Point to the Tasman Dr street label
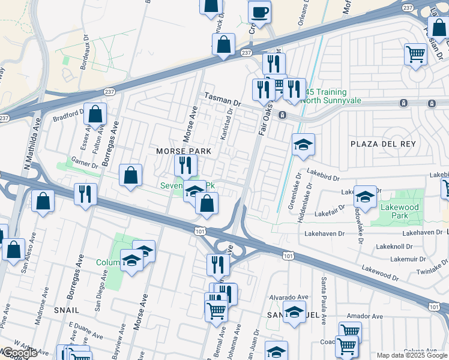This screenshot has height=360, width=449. (x=222, y=99)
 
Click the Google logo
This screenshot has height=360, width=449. (x=20, y=353)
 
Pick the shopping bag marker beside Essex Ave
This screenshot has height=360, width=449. (x=95, y=113)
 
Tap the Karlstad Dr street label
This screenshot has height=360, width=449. (x=227, y=130)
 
